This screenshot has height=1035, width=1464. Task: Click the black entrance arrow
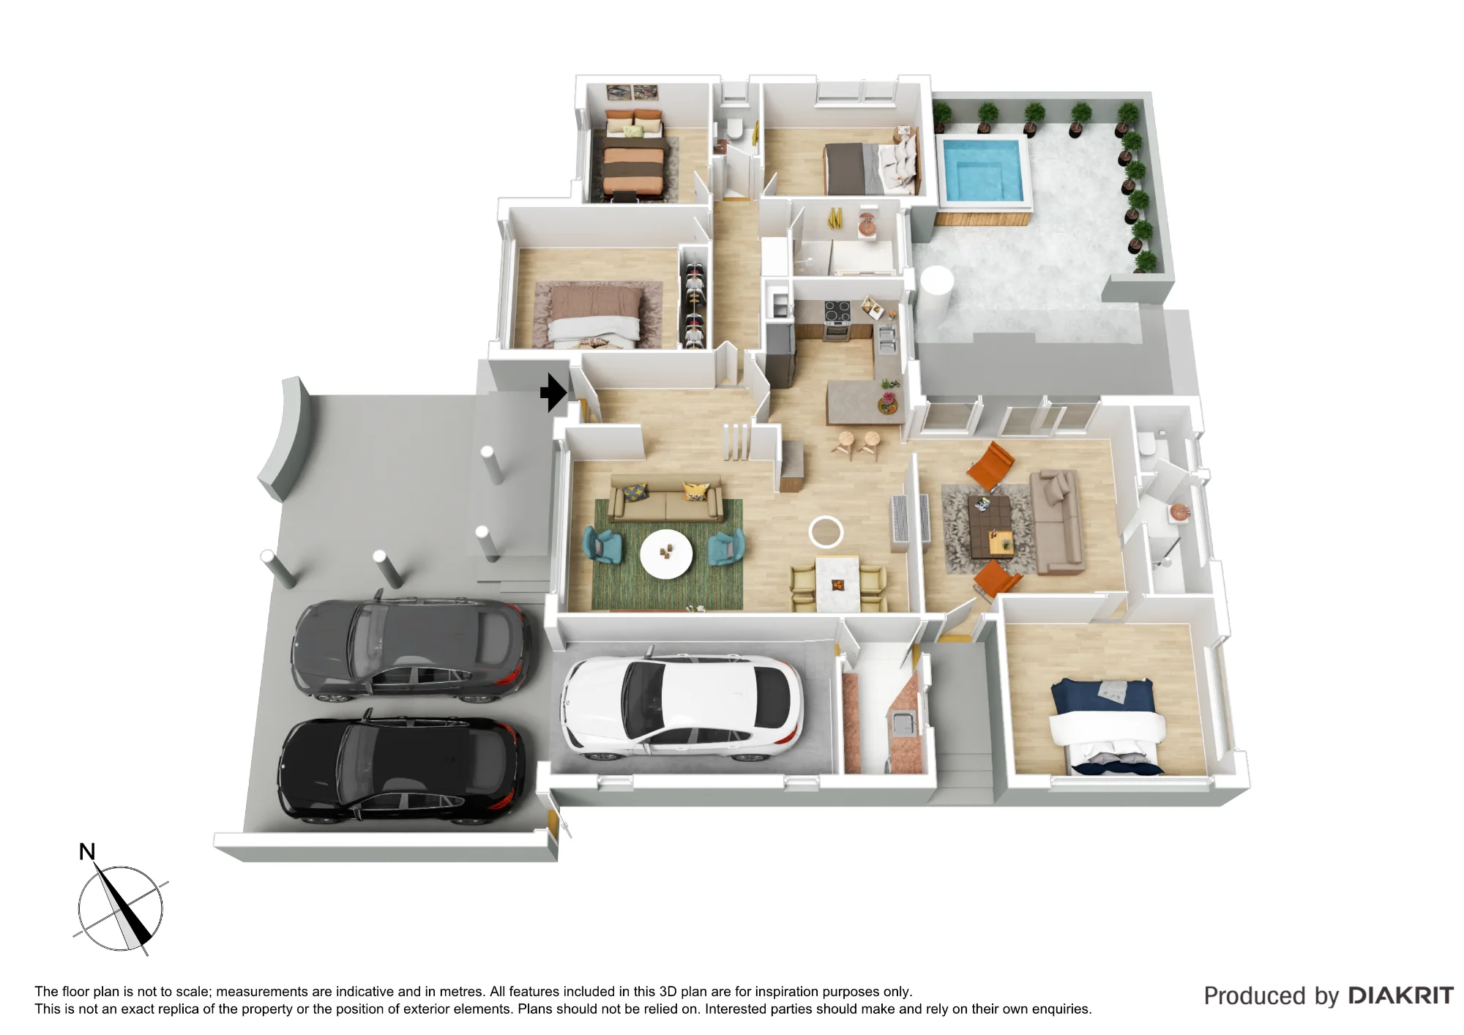(553, 393)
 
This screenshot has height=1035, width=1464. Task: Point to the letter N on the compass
(87, 852)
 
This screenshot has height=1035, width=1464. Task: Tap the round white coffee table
(666, 554)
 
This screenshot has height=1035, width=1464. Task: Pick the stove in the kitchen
(838, 321)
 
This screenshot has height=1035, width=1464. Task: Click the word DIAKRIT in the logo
(1400, 995)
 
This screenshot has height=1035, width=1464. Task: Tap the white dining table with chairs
(838, 583)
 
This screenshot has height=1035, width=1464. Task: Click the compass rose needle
(122, 905)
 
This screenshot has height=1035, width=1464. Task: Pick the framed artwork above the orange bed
(632, 93)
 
